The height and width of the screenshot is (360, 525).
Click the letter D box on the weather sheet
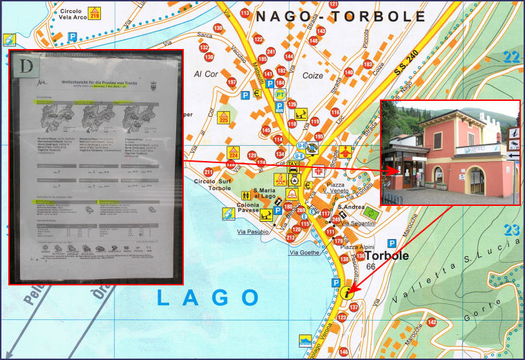click(x=28, y=66)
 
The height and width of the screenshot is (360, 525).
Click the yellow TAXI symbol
click(x=294, y=167)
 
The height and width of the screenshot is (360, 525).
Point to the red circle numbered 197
click(x=231, y=82)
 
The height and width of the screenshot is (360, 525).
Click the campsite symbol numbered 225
click(x=223, y=117)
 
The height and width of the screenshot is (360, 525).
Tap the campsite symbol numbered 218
click(x=95, y=12)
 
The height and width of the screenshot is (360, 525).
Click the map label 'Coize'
click(x=313, y=75)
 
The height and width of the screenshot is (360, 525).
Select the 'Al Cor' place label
click(x=206, y=74)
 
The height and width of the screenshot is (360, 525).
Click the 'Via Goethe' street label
click(x=304, y=253)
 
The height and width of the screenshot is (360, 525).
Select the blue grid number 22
click(x=511, y=58)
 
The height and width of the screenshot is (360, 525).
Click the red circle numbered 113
click(x=245, y=13)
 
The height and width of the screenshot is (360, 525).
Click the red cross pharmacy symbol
click(x=318, y=170)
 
